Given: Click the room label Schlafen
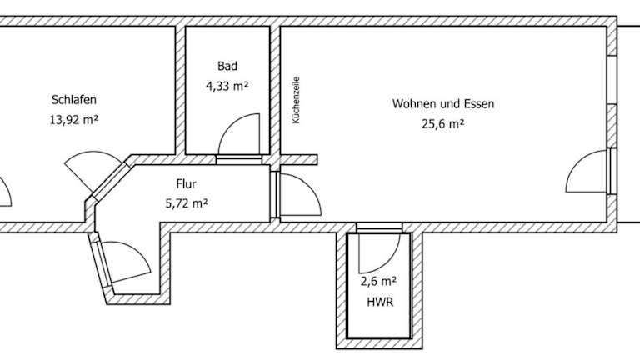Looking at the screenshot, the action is [x=74, y=100].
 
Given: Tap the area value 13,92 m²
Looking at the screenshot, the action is [x=74, y=120].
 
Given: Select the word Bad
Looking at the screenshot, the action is [x=227, y=66].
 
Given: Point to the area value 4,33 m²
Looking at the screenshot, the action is [x=227, y=86].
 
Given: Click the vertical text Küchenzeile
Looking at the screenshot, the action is [x=297, y=100].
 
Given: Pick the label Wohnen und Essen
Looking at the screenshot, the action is [x=443, y=103].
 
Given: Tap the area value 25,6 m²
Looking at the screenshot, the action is [x=443, y=123].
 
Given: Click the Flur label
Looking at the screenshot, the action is [x=186, y=183].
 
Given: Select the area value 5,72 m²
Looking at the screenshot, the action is [x=187, y=202].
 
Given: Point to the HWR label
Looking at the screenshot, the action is [x=380, y=302].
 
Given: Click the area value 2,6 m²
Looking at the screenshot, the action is [x=379, y=281].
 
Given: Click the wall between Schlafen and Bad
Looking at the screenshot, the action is [x=180, y=90].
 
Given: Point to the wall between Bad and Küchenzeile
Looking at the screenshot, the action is [x=275, y=90].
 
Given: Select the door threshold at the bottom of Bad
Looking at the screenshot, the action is [x=239, y=160].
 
